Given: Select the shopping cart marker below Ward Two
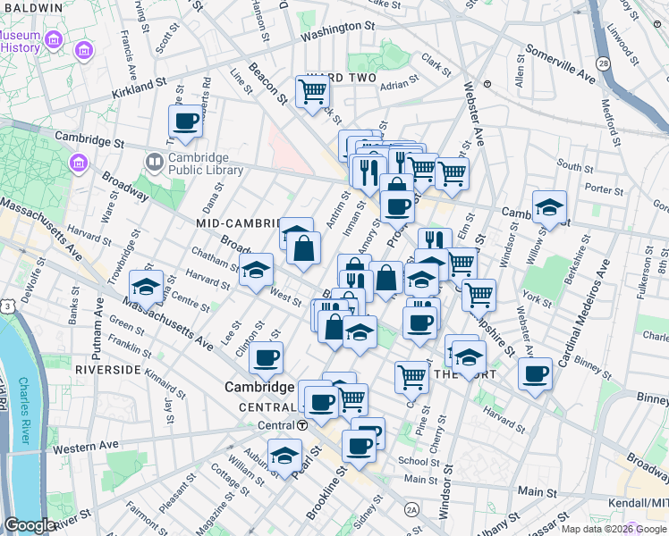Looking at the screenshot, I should coord(312,91).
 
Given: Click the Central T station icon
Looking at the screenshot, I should coord(303,424).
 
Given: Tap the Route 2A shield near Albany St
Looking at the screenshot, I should coord(411,509).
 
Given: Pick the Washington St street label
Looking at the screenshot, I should coord(336,32).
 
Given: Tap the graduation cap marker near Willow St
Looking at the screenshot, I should coord(548,207).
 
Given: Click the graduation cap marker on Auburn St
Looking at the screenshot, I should coord(284,456).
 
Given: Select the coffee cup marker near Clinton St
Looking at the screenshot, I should coord(266,358).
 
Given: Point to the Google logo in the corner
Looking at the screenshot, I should coord(30,524).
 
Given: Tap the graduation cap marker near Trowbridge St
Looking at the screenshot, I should coord(146,287).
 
